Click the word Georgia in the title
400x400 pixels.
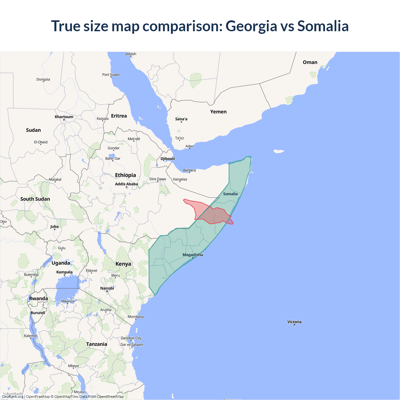pos(251,26)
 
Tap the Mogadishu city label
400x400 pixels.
pos(192,255)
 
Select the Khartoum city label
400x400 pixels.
pos(64,117)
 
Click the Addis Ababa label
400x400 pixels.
pos(126,184)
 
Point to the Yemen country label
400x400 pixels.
pos(218,112)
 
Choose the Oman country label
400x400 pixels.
pos(310,62)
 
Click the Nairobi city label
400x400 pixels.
pos(107,288)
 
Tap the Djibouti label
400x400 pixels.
pos(167,158)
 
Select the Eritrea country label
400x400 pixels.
pos(119,116)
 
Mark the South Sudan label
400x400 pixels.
pos(35,199)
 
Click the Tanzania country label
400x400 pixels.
pos(97,344)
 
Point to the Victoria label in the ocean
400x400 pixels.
pos(294,322)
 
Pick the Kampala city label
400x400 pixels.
pos(64,272)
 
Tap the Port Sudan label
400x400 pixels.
pos(111,75)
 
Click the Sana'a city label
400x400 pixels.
pos(181,119)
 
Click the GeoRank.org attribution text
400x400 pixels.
pos(12,397)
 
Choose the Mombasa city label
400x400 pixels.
pos(136,317)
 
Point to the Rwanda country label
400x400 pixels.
pos(38,298)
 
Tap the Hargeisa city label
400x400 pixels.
pos(180,179)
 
